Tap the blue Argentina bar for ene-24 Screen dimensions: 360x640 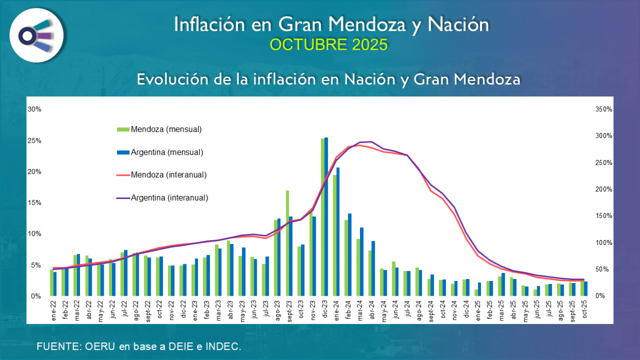click(x=338, y=232)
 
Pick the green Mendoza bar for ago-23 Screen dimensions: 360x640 click(x=276, y=258)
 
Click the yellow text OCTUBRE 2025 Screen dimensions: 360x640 click(x=328, y=45)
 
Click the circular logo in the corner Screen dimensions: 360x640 click(x=37, y=35)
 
